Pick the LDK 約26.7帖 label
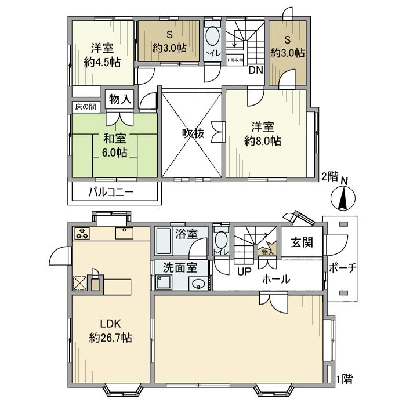[110, 330]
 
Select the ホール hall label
[275, 279]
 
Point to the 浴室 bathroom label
[186, 234]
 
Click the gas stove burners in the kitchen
[82, 234]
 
